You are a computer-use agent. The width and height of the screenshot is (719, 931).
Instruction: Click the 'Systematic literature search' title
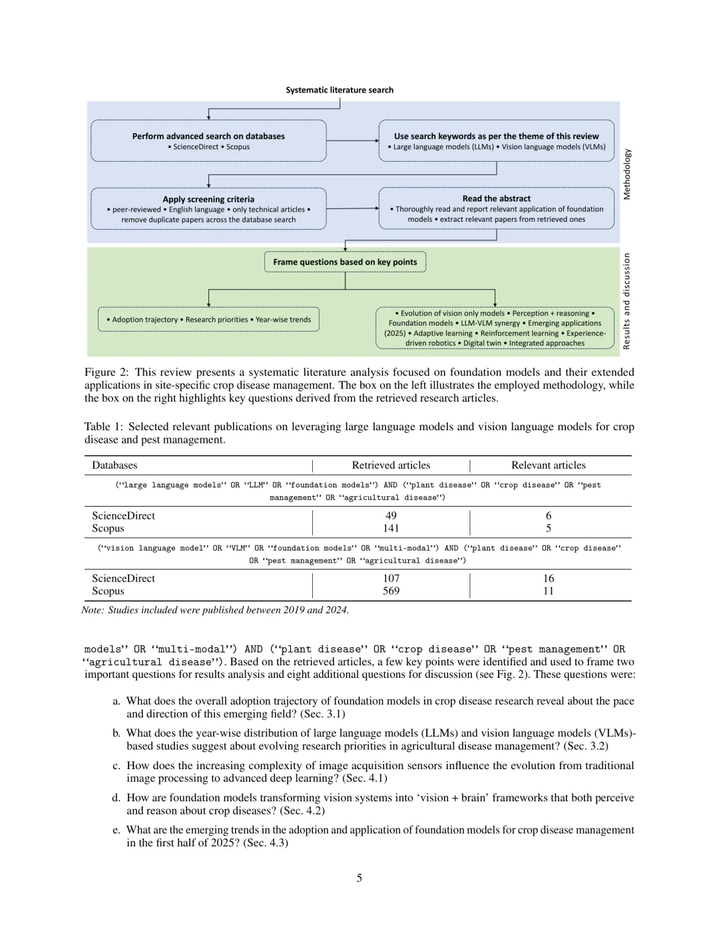[340, 90]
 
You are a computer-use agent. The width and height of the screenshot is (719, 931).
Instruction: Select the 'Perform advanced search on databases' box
[208, 141]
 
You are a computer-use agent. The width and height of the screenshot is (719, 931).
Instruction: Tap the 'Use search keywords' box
[496, 141]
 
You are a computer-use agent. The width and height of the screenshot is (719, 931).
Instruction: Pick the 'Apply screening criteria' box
[208, 208]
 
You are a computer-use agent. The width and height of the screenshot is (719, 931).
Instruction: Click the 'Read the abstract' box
[496, 208]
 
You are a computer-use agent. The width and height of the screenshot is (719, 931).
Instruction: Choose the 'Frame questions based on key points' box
[345, 262]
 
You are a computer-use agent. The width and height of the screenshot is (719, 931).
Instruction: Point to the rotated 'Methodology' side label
[626, 174]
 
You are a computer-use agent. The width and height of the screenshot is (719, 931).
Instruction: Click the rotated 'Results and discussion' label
[626, 301]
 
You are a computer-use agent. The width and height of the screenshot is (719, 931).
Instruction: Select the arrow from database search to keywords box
[352, 141]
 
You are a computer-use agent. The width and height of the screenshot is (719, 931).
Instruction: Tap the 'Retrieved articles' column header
[391, 465]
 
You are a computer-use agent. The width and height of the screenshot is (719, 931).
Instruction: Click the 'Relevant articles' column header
[548, 465]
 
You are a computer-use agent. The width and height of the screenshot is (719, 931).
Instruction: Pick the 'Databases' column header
[115, 465]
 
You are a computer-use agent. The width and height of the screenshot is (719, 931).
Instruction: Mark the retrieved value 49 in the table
[391, 515]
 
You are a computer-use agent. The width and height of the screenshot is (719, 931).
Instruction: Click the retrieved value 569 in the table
[391, 591]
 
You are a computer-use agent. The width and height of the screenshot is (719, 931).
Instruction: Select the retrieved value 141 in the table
[391, 528]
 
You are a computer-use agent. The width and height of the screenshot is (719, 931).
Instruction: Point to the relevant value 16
[548, 578]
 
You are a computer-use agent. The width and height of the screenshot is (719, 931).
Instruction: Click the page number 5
[359, 878]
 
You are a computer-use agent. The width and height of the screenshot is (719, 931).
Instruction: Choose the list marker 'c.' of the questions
[117, 766]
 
